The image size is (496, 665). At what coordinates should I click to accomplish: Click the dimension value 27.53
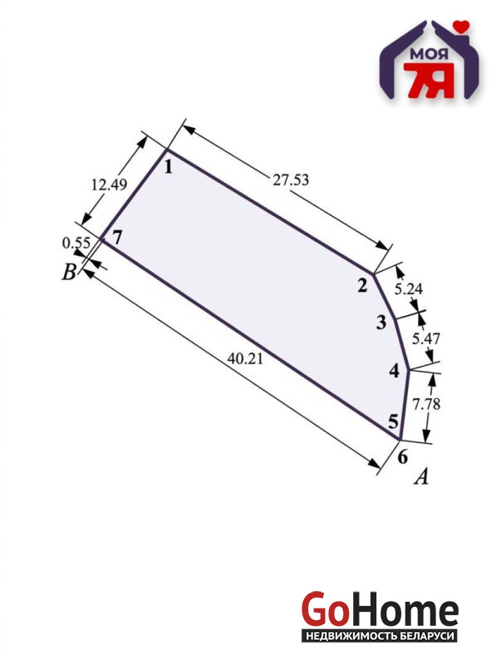click(291, 180)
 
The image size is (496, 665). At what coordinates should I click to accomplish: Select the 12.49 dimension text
click(110, 185)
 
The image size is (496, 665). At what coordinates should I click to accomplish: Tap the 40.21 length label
click(245, 359)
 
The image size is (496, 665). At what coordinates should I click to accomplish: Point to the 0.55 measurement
click(76, 243)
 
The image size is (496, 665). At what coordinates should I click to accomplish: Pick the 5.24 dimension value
click(409, 289)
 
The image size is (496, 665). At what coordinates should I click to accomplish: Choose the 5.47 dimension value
click(426, 338)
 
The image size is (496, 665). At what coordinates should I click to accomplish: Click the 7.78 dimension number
click(426, 404)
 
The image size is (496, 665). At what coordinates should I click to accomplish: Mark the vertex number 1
click(169, 167)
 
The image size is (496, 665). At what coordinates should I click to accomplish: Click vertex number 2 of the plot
click(362, 286)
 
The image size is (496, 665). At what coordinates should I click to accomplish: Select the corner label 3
click(381, 323)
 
